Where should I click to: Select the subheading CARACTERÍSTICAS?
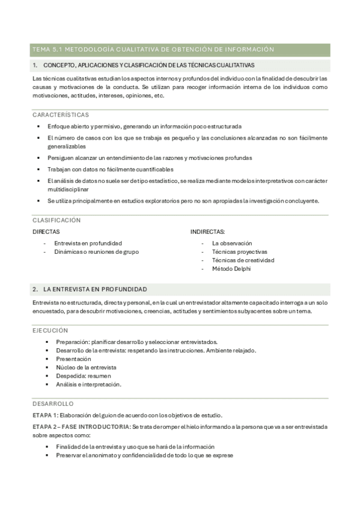pyautogui.click(x=61, y=114)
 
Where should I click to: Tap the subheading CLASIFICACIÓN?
pyautogui.click(x=56, y=220)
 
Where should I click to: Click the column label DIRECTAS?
pyautogui.click(x=46, y=232)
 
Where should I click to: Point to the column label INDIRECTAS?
pyautogui.click(x=208, y=232)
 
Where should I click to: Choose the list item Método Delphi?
pyautogui.click(x=231, y=269)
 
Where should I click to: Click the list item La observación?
pyautogui.click(x=232, y=243)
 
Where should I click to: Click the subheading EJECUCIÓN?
pyautogui.click(x=50, y=330)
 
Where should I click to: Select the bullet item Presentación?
pyautogui.click(x=73, y=358)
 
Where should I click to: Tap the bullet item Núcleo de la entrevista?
pyautogui.click(x=86, y=367)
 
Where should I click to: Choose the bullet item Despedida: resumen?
pyautogui.click(x=84, y=375)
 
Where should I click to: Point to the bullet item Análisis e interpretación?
pyautogui.click(x=88, y=384)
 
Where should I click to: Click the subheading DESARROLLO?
pyautogui.click(x=53, y=404)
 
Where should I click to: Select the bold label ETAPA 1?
pyautogui.click(x=46, y=415)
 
